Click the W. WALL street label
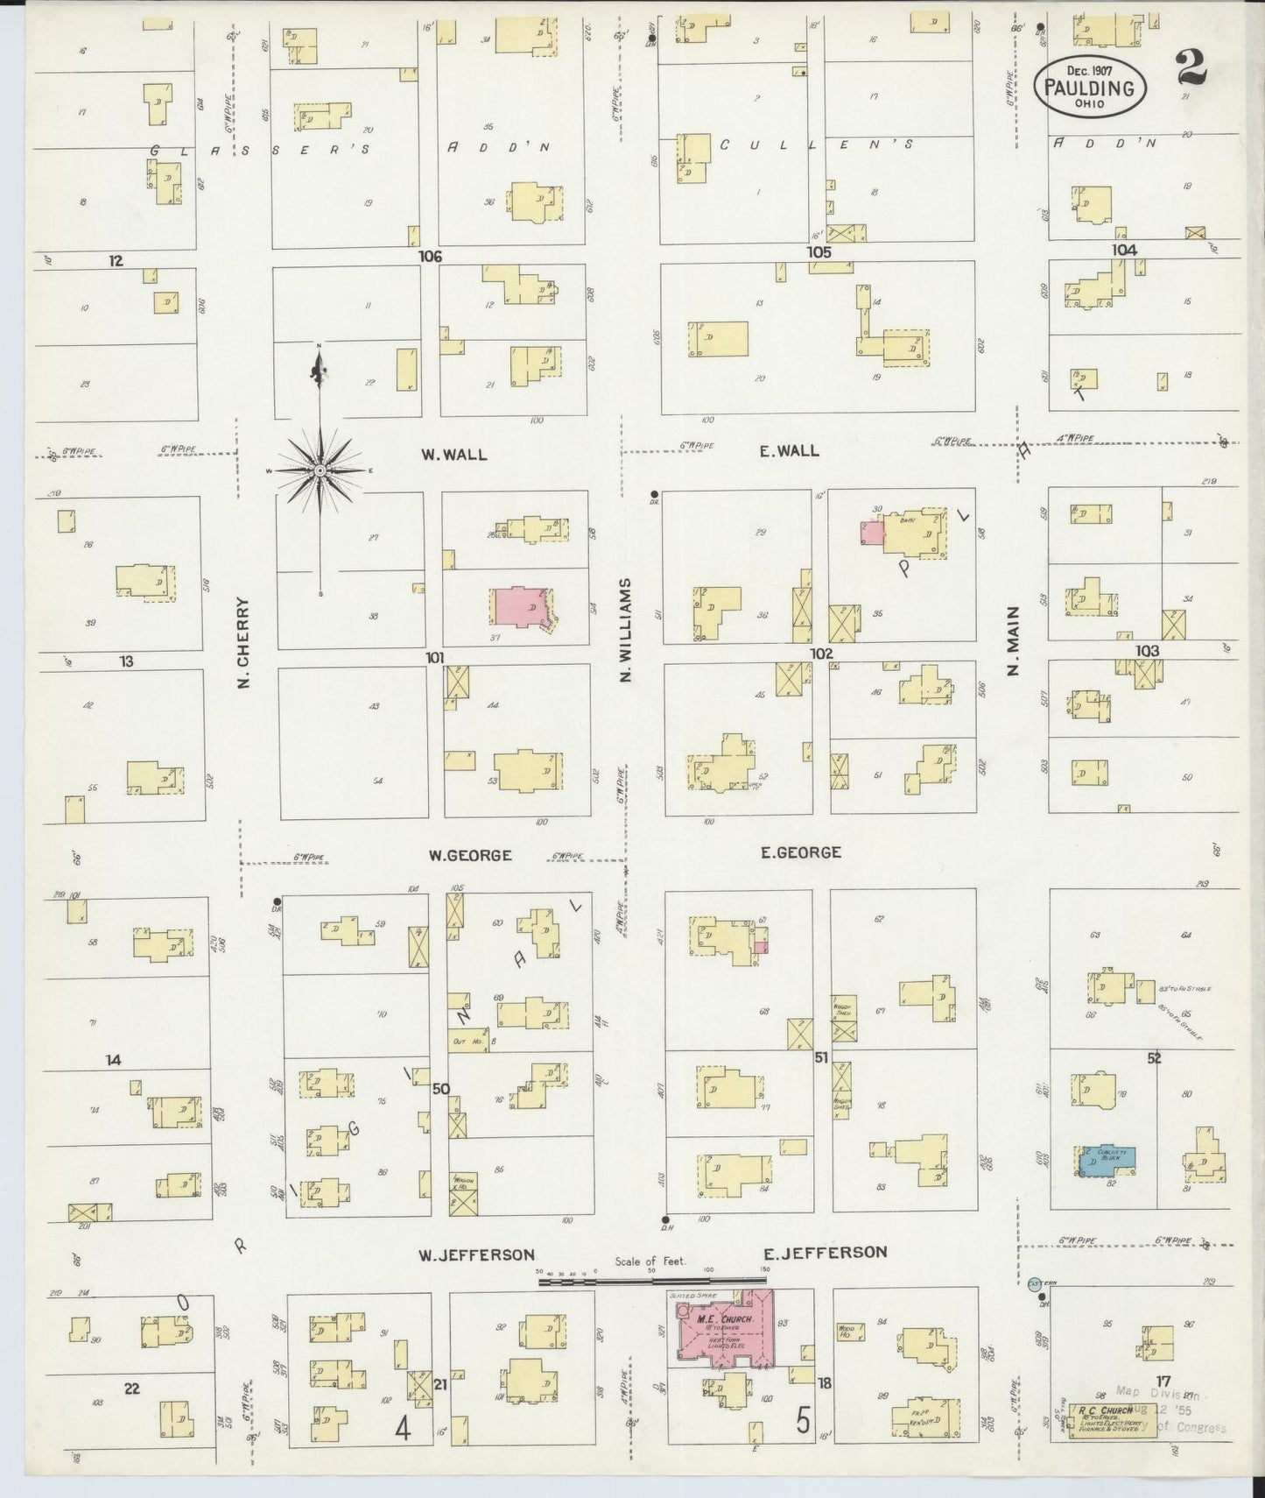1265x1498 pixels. click(453, 455)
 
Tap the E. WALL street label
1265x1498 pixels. click(789, 450)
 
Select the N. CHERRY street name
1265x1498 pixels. click(244, 642)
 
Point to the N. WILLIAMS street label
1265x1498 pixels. click(626, 628)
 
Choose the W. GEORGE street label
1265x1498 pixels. click(470, 855)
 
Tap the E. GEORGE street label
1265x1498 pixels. click(801, 851)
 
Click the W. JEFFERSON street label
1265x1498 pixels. click(475, 1254)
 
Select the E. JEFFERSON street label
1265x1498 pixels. click(824, 1253)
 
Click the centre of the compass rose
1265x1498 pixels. click(320, 470)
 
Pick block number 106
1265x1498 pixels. click(430, 257)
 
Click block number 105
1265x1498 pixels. click(819, 252)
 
